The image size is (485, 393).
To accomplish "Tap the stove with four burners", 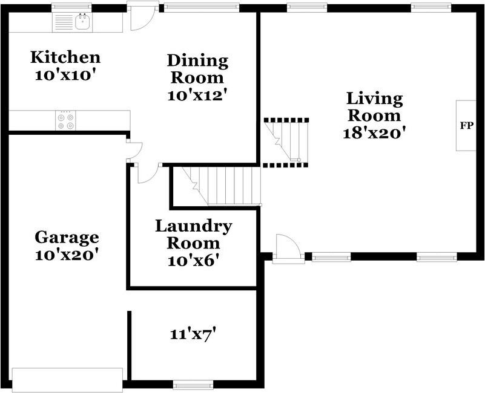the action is [65, 120].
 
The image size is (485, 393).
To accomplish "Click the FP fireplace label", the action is [467, 126].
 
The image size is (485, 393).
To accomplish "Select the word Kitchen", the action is [65, 57].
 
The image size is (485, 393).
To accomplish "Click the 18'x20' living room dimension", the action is [374, 133].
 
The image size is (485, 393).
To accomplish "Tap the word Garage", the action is [67, 238].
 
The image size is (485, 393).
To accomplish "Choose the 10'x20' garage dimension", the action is [67, 255].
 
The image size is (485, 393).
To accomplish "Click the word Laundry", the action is [194, 227].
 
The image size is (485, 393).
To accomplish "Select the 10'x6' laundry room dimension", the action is [193, 261].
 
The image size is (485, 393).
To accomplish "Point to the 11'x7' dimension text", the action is [193, 334].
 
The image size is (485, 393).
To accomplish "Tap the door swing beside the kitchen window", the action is [143, 19].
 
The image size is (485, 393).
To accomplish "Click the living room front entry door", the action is [288, 249].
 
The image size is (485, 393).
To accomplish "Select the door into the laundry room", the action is [148, 173].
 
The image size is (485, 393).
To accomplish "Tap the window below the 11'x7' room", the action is [193, 385].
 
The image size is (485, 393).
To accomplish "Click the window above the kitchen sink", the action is [71, 7].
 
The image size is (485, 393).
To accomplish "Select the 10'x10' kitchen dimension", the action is [64, 76].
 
